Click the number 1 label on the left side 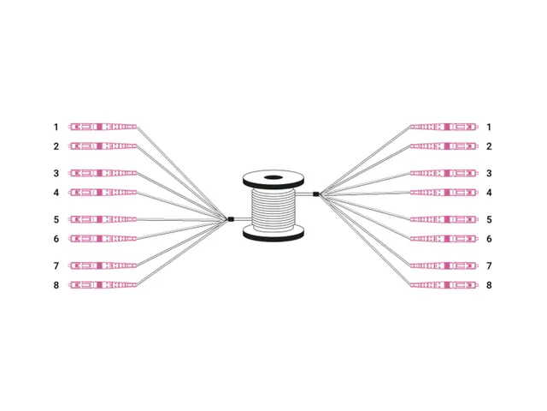(x=56, y=127)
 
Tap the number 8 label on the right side (x=489, y=285)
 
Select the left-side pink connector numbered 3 (x=103, y=173)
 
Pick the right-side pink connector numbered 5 (x=444, y=219)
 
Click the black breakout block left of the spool (x=230, y=219)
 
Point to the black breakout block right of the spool (x=315, y=194)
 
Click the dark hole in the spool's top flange (x=273, y=177)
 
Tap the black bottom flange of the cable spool (x=273, y=233)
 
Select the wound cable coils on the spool (x=273, y=210)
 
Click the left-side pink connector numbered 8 (x=103, y=285)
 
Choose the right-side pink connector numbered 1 (x=444, y=127)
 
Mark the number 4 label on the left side (x=56, y=193)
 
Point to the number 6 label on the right (x=489, y=239)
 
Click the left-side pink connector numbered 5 (x=103, y=219)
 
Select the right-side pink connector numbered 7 (x=444, y=266)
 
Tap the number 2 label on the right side (x=489, y=146)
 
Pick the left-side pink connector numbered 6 (x=103, y=239)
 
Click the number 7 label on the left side (x=56, y=266)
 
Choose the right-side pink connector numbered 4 (x=444, y=193)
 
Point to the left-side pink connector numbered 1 (x=103, y=127)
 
